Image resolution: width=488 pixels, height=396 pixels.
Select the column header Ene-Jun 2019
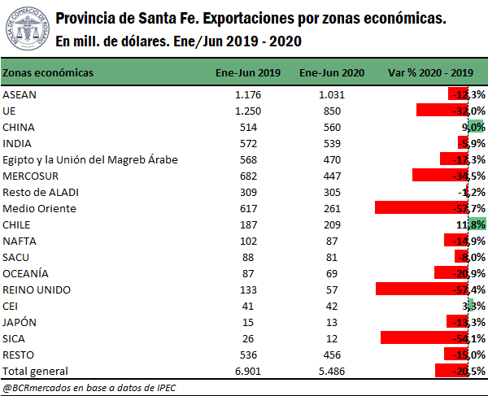click(247, 73)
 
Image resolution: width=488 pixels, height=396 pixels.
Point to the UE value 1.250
click(247, 111)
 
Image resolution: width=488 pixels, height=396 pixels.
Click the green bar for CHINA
click(476, 127)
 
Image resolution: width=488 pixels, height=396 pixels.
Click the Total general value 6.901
click(247, 371)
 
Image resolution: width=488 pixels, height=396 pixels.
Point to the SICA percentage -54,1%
click(470, 338)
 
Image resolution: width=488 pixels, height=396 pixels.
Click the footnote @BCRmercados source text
click(89, 387)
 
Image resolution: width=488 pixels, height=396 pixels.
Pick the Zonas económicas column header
click(48, 73)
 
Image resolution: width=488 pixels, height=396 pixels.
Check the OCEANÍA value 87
click(247, 273)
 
